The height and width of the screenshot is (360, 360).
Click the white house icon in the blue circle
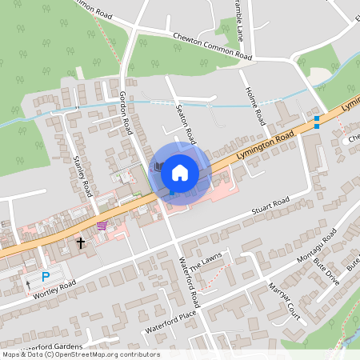click(180, 171)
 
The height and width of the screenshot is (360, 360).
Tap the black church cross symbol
click(80, 242)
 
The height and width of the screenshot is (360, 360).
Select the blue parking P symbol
click(46, 276)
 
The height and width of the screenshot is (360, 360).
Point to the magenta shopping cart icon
click(102, 226)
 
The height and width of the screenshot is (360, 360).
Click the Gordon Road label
click(126, 112)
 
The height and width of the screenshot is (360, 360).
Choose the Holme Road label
click(255, 105)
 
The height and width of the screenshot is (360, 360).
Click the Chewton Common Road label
click(212, 47)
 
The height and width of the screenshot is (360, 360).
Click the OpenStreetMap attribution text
click(80, 354)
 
